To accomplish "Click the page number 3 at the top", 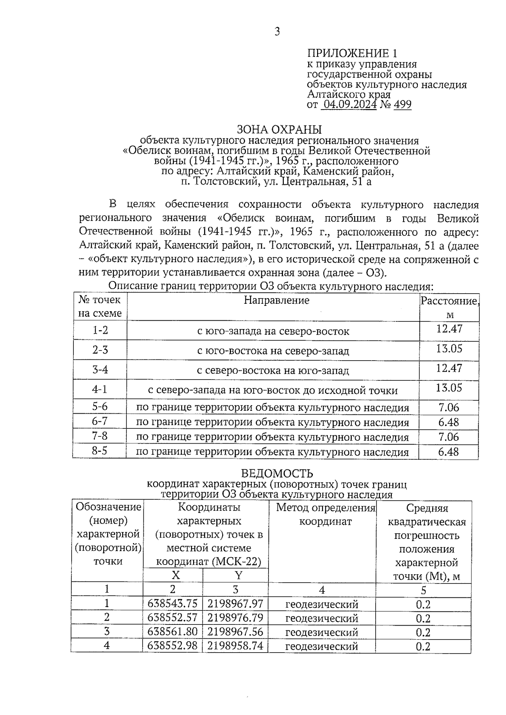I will (277, 32).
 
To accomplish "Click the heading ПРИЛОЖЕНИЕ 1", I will (352, 54).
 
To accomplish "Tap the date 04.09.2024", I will (349, 104).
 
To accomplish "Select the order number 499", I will (402, 104).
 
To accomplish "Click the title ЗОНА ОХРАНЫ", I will (279, 129).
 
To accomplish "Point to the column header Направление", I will (277, 300).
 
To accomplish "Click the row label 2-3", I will (100, 350).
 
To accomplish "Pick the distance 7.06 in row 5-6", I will (449, 407).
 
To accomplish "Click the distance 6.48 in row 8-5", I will (448, 452).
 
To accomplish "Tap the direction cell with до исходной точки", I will (273, 391).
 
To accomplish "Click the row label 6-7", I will (100, 421).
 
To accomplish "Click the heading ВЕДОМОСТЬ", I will (277, 474).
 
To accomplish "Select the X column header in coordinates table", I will (175, 576).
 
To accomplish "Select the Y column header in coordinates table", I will (238, 576).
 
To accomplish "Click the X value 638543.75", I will (172, 604).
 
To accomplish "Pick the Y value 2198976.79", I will (235, 618).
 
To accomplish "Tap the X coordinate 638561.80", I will (172, 632).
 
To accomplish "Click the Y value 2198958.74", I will (235, 645).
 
